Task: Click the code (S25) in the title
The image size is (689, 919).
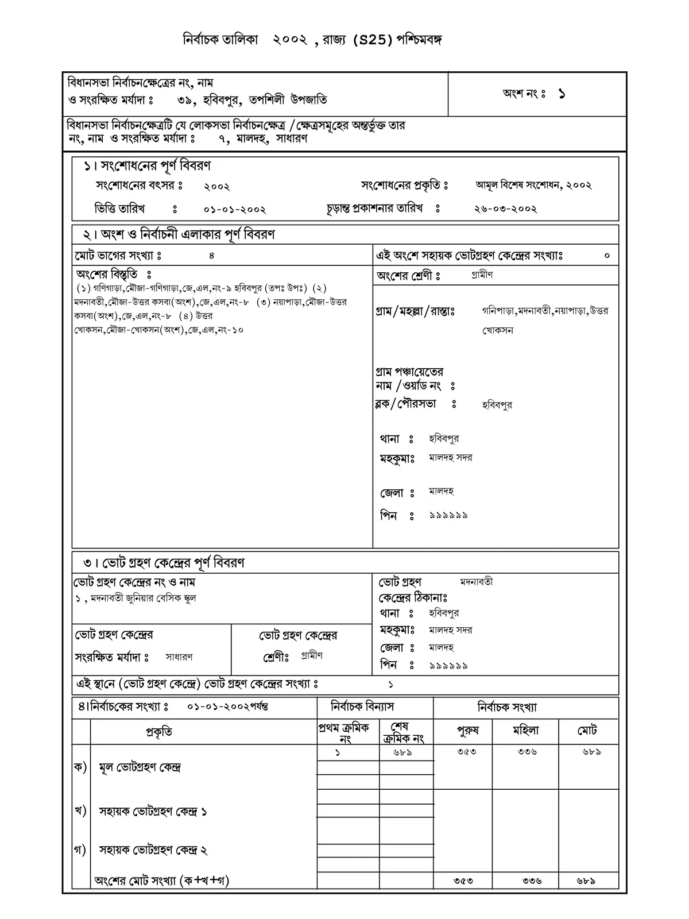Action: point(373,40)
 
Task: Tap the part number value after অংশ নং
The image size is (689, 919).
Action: point(561,94)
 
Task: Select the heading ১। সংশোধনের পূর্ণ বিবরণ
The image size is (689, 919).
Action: point(147,166)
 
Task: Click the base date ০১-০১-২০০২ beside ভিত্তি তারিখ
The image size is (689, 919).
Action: point(235,210)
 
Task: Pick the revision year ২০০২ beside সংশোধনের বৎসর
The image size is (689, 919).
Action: point(217,187)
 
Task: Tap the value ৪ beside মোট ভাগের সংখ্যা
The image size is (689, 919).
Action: point(212,256)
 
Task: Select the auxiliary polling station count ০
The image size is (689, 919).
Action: point(607,256)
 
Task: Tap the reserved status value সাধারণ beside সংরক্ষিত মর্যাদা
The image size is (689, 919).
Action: point(179,657)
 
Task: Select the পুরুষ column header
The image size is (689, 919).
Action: point(467,731)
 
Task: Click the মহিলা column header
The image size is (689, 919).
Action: point(525,731)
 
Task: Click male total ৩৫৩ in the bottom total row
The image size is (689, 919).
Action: point(463,881)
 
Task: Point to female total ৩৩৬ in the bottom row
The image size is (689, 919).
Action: point(532,881)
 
